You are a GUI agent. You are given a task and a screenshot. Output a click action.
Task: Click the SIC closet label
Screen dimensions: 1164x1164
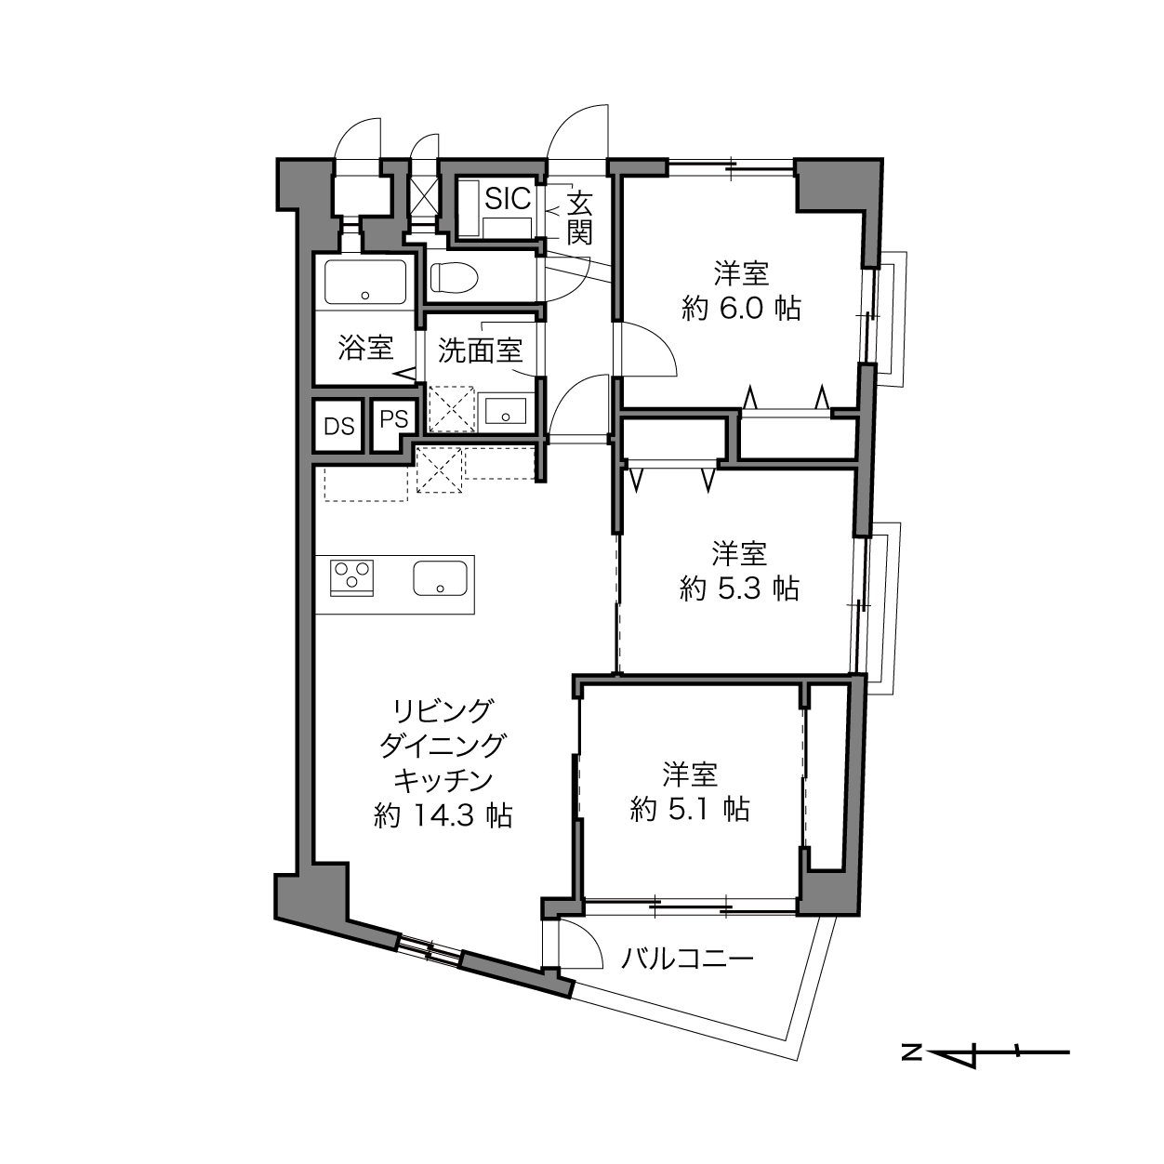508,198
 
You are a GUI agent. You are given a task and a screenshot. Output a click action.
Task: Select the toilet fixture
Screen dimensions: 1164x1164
454,278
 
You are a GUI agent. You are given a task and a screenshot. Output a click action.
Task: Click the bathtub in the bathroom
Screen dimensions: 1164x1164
364,282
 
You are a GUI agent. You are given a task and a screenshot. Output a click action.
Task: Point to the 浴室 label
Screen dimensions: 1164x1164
365,348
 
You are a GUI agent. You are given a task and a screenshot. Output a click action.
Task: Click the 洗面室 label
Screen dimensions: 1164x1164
480,351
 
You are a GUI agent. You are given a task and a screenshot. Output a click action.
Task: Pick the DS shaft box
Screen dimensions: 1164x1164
338,427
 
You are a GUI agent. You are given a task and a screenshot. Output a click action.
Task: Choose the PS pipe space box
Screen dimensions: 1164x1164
394,419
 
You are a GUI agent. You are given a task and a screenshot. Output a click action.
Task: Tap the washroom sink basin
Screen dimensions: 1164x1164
505,411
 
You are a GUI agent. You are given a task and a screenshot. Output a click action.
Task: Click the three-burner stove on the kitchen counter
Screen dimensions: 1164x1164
351,577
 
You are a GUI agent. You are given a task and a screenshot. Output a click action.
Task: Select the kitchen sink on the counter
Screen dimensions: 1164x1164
441,578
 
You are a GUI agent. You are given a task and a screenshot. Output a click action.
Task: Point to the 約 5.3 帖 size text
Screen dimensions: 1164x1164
739,589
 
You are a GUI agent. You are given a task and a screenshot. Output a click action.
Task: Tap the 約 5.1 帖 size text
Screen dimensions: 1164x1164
690,809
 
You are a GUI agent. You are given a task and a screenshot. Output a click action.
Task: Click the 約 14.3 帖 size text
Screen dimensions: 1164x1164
443,815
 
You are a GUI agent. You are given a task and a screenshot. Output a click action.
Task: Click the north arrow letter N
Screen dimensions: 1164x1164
911,1052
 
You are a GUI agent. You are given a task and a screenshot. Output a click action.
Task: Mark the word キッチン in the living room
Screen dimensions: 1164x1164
443,781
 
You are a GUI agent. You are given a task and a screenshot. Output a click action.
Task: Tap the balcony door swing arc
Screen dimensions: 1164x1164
589,940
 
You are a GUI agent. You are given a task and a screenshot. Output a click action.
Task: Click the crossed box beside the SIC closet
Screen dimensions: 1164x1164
424,195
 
